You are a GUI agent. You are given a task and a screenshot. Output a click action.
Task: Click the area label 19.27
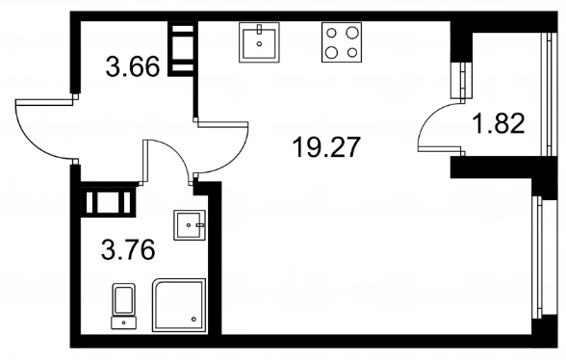coord(326,147)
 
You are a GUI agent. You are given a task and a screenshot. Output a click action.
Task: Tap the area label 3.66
coord(133,66)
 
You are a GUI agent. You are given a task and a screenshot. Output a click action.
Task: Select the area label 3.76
coord(128,250)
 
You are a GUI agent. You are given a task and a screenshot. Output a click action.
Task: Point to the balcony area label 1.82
coord(499,123)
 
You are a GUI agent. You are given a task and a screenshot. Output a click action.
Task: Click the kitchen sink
coord(259,42)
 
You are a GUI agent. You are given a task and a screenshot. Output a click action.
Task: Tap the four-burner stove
coord(342,42)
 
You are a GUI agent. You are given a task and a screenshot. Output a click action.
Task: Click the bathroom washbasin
coord(190,225)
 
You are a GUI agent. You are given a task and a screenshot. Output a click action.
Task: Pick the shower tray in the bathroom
coord(179,305)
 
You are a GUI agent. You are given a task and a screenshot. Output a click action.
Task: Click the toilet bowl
coord(124,299)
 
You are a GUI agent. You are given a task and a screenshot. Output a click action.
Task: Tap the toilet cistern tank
coord(124,322)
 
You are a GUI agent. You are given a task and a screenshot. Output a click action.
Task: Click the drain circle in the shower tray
coord(193,320)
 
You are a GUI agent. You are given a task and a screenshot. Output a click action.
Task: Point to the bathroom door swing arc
coord(174,151)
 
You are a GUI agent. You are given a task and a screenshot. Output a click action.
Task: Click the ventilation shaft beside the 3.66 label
coord(182,49)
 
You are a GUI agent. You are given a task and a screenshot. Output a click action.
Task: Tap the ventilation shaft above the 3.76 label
coord(108,202)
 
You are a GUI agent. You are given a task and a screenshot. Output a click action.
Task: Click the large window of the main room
coord(537,257)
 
